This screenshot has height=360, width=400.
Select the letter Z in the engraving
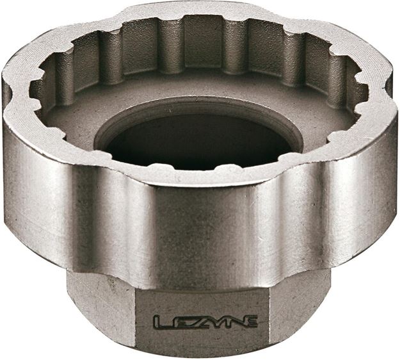click(194, 320)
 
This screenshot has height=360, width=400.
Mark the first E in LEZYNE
click(175, 320)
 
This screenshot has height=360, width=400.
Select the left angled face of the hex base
click(99, 307)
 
